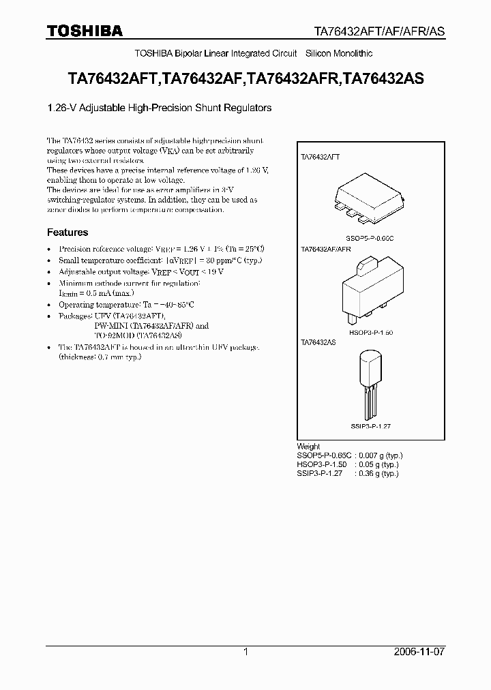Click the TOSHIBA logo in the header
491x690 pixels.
point(85,31)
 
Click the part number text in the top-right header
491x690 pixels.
point(385,31)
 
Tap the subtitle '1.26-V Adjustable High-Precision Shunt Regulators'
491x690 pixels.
point(160,108)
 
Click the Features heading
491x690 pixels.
point(68,232)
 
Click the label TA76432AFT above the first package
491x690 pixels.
point(321,157)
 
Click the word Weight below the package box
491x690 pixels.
point(309,447)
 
